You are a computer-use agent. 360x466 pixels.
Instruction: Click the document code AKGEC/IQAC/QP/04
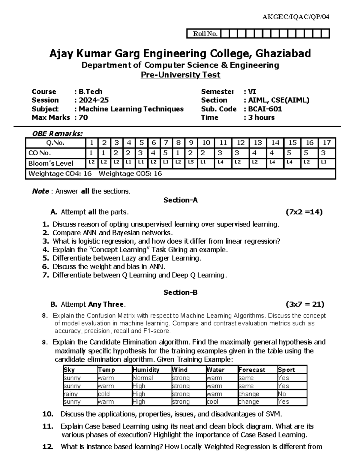(x=295, y=17)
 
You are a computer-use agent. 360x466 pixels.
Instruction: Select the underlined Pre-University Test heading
(x=181, y=75)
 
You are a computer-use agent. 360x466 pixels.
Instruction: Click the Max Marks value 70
(x=83, y=118)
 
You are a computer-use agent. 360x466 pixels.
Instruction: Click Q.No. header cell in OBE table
(x=55, y=143)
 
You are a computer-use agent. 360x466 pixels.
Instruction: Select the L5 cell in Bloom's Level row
(x=191, y=162)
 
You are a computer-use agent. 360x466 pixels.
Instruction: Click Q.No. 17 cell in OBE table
(x=327, y=143)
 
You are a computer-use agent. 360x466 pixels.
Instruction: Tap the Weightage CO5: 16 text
(x=130, y=174)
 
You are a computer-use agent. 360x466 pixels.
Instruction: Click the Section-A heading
(x=180, y=200)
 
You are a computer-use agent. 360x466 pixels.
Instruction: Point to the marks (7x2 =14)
(x=304, y=212)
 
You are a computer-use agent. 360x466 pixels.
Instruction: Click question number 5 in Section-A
(x=46, y=258)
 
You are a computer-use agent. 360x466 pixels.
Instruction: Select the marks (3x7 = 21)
(x=305, y=305)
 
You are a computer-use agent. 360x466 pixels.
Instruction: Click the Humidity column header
(x=146, y=370)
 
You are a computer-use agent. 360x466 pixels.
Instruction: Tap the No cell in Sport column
(x=282, y=394)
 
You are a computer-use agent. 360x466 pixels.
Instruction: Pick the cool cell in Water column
(x=213, y=402)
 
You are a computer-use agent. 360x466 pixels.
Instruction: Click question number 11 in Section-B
(x=48, y=426)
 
